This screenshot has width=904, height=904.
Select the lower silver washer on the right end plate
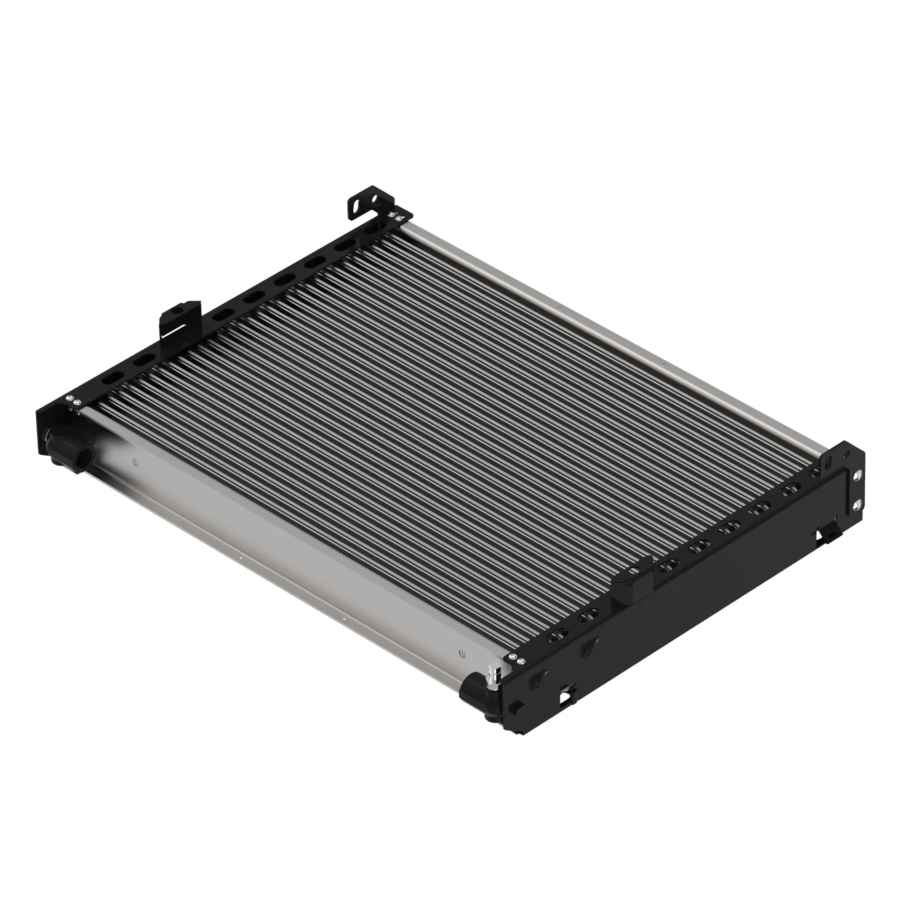pyautogui.click(x=857, y=504)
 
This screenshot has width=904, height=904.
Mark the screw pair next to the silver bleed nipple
pyautogui.click(x=517, y=659)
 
